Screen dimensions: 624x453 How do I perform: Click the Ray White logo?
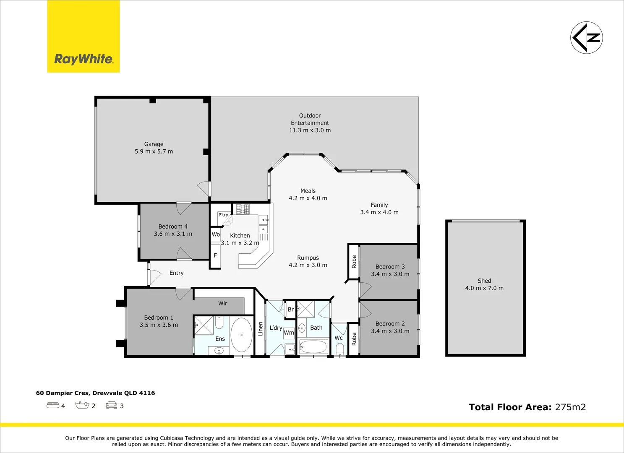pyautogui.click(x=83, y=36)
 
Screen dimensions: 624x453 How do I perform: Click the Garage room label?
pyautogui.click(x=154, y=144)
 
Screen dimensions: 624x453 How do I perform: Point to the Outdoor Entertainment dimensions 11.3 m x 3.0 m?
pyautogui.click(x=310, y=130)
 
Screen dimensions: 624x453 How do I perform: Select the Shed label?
pyautogui.click(x=484, y=281)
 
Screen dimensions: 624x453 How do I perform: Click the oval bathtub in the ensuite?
pyautogui.click(x=242, y=335)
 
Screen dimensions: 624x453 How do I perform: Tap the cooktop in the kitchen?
pyautogui.click(x=243, y=209)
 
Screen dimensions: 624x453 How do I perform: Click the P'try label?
pyautogui.click(x=223, y=215)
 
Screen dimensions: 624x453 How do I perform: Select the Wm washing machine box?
pyautogui.click(x=289, y=333)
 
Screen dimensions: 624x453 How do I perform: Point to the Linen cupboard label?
pyautogui.click(x=261, y=329)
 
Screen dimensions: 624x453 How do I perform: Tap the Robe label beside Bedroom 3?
pyautogui.click(x=354, y=262)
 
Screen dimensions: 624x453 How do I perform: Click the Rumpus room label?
pyautogui.click(x=308, y=258)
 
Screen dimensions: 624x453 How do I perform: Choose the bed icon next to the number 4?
pyautogui.click(x=52, y=405)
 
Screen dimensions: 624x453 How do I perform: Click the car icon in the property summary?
pyautogui.click(x=112, y=405)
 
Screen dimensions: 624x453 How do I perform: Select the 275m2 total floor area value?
pyautogui.click(x=571, y=407)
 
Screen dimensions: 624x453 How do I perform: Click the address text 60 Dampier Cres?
pyautogui.click(x=63, y=393)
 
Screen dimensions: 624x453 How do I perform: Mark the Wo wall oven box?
pyautogui.click(x=216, y=234)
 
